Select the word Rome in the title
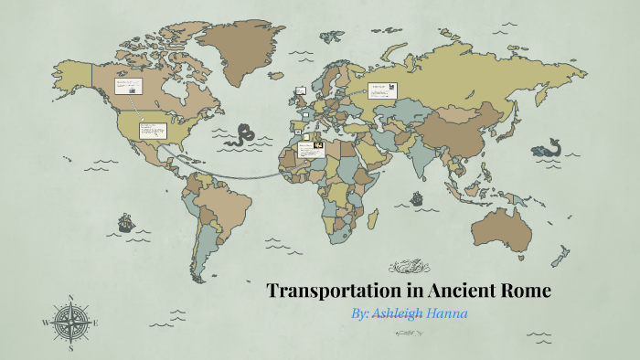click(x=523, y=291)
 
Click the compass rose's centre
click(x=71, y=322)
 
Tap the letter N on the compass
click(x=71, y=297)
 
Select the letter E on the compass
click(x=96, y=322)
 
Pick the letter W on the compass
click(x=46, y=322)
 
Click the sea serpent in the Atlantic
click(x=243, y=135)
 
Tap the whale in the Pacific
click(x=549, y=147)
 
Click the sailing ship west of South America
click(x=123, y=221)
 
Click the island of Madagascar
click(x=374, y=217)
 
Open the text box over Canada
click(x=127, y=88)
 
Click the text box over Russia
click(x=381, y=90)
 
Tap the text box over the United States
click(x=152, y=130)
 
